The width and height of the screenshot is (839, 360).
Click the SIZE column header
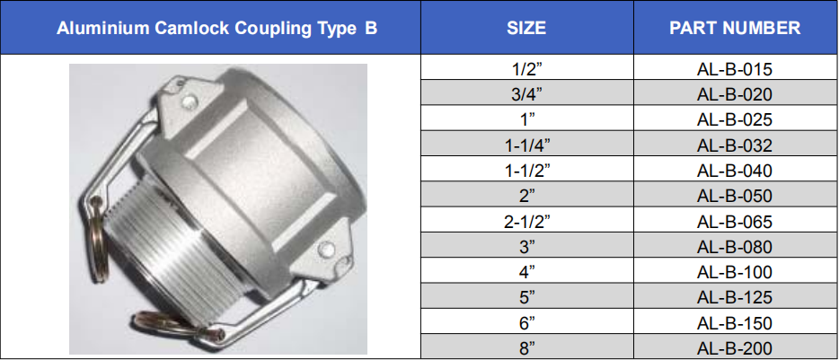click(x=526, y=28)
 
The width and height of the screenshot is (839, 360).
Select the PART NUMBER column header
click(x=735, y=28)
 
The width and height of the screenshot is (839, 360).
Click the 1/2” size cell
click(x=527, y=68)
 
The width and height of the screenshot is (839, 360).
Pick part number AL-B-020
click(x=735, y=94)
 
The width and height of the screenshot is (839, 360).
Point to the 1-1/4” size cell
click(x=527, y=145)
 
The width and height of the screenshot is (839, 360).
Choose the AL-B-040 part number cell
click(x=735, y=171)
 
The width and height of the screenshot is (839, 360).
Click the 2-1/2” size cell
click(x=527, y=222)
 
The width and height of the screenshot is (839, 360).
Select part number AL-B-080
click(x=735, y=247)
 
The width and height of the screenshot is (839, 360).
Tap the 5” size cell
click(x=527, y=297)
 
